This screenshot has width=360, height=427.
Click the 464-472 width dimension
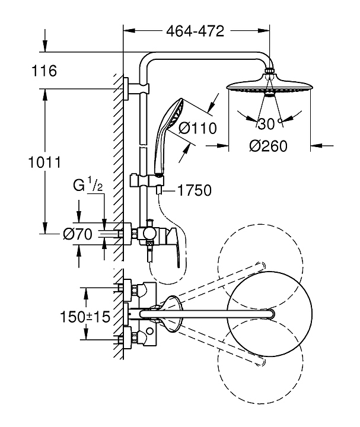[195, 31]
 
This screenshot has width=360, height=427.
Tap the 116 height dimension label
[44, 71]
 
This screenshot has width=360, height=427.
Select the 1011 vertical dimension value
[44, 162]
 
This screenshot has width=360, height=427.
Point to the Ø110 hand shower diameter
[198, 128]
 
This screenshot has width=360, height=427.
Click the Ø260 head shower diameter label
[268, 146]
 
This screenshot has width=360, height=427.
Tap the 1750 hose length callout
[194, 190]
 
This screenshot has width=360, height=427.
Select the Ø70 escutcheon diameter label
[78, 234]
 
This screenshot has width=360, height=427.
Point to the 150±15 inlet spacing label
[85, 317]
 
